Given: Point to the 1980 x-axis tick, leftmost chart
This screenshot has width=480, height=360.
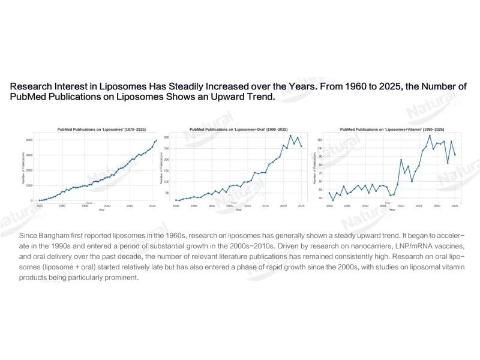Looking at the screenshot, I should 62,206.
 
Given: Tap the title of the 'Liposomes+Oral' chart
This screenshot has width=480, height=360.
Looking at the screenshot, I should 238,129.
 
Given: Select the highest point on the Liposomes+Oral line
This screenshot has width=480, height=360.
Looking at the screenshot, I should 290,136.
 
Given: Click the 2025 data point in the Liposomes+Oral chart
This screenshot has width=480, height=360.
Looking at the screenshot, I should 301,146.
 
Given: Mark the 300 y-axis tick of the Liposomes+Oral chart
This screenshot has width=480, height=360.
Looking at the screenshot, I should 167,137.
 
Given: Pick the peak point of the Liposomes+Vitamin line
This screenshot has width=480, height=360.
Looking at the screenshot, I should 430,136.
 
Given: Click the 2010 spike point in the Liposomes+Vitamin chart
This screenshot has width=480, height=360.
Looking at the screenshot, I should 401,160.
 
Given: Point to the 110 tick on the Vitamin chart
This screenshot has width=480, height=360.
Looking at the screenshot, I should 320,140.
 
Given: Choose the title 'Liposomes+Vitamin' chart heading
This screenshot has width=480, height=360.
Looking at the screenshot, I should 392,129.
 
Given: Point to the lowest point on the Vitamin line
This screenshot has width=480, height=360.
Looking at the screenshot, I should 333,200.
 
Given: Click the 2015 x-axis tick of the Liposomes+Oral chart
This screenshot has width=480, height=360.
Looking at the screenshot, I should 265,206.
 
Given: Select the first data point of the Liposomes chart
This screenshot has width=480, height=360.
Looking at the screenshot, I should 40,200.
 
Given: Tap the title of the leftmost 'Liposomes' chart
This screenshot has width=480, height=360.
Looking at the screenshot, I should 101,129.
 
